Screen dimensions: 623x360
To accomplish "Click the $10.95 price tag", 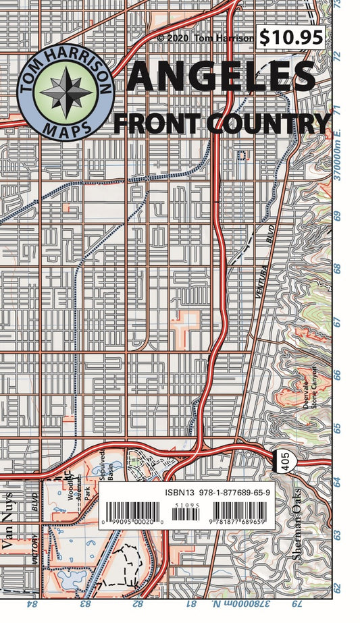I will (x=291, y=37).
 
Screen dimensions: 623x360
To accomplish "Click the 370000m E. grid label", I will (x=344, y=158).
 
